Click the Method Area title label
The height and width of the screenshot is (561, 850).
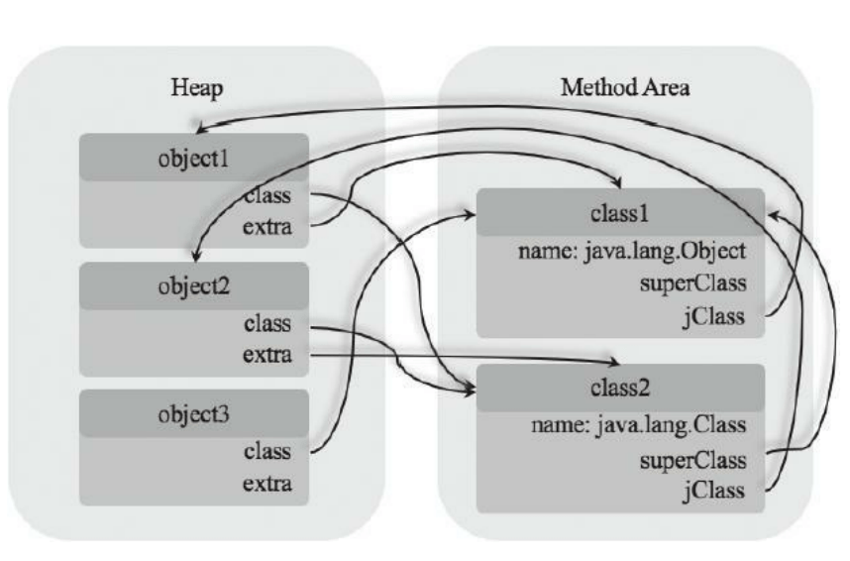click(x=625, y=86)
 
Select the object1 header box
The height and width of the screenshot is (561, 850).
click(x=195, y=158)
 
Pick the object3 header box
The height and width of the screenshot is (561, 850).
click(x=195, y=412)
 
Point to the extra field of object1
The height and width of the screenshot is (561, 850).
click(x=267, y=227)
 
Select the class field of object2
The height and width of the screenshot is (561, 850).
click(x=267, y=322)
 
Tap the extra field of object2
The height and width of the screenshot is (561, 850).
click(x=267, y=354)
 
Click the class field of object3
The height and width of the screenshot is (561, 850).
click(x=267, y=451)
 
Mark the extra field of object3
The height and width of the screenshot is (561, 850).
click(x=267, y=485)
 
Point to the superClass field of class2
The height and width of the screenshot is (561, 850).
click(x=692, y=459)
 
